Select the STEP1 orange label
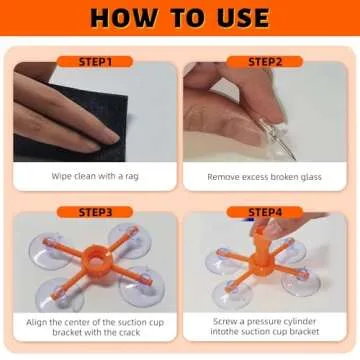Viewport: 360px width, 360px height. click(x=95, y=62)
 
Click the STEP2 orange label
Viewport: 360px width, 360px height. click(x=265, y=62)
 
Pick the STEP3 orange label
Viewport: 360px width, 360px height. click(x=95, y=212)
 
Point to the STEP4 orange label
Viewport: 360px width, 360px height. click(x=265, y=212)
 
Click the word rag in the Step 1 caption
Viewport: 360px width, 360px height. click(x=132, y=177)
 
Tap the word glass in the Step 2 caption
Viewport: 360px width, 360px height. click(x=309, y=177)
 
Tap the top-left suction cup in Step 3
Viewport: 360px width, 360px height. click(x=50, y=251)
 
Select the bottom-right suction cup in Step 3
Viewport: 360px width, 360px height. click(x=142, y=287)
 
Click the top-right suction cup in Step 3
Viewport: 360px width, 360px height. click(x=130, y=241)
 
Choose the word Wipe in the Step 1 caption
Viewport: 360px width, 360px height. click(x=60, y=176)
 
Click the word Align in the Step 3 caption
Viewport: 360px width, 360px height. click(x=36, y=323)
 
